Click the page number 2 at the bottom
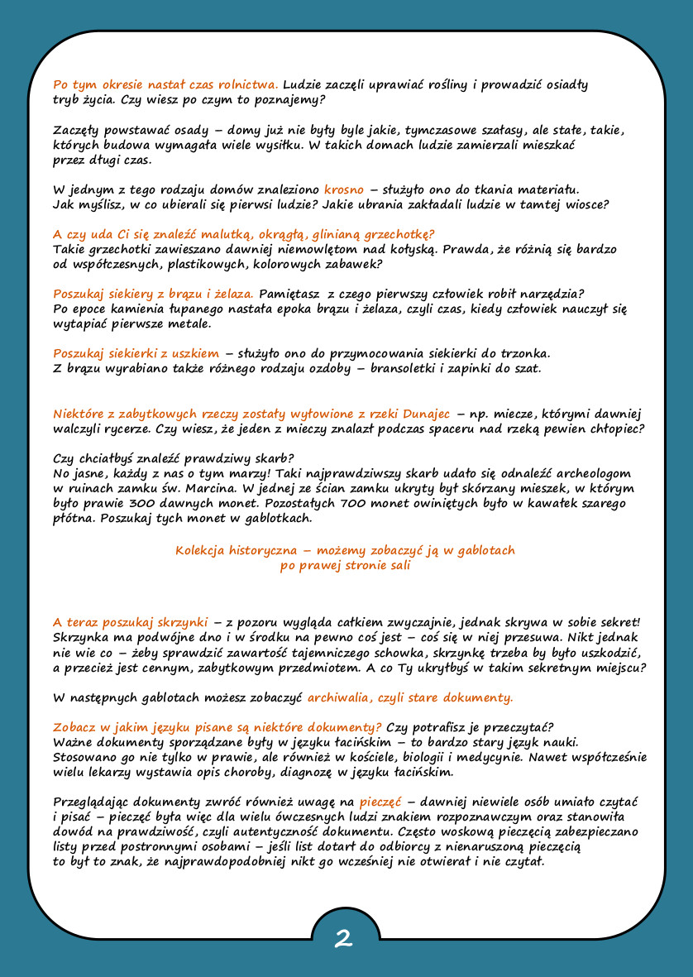(344, 938)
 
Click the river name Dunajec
(428, 413)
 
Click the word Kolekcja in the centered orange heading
(199, 550)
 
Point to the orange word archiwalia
(340, 697)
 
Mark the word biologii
(428, 757)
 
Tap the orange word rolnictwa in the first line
(246, 85)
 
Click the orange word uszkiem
(196, 353)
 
